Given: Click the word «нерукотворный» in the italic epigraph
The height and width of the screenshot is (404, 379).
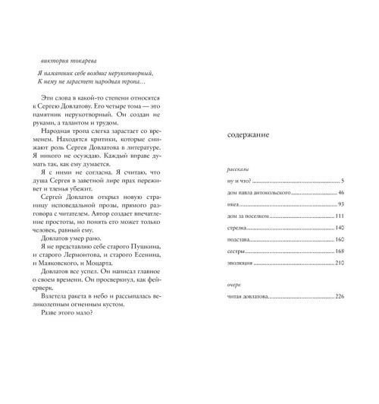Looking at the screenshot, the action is point(132,71).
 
